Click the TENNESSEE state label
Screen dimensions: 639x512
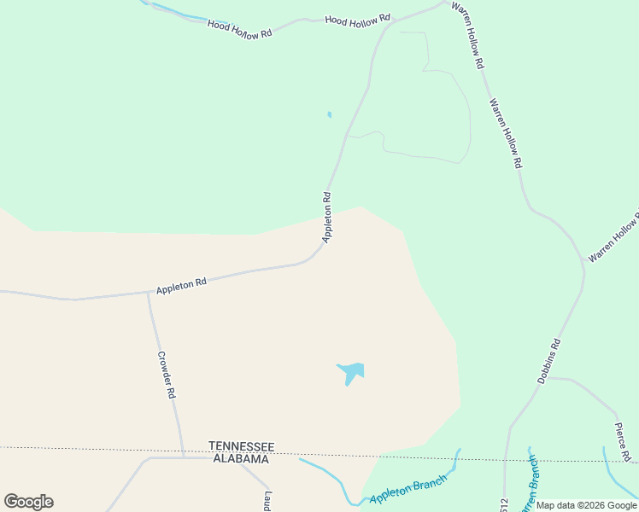click(x=241, y=446)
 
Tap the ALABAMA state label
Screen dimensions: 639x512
click(x=240, y=459)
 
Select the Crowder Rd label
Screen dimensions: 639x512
click(x=166, y=375)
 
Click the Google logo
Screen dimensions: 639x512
click(x=28, y=502)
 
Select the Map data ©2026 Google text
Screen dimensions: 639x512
click(x=586, y=505)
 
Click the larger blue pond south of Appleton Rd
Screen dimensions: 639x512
click(x=352, y=371)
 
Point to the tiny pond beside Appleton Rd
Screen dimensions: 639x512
click(x=329, y=114)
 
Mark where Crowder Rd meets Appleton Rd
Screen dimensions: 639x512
click(x=149, y=294)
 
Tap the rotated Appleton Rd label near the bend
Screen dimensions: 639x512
click(x=326, y=217)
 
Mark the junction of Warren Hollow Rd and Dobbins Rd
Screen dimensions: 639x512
click(x=583, y=266)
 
